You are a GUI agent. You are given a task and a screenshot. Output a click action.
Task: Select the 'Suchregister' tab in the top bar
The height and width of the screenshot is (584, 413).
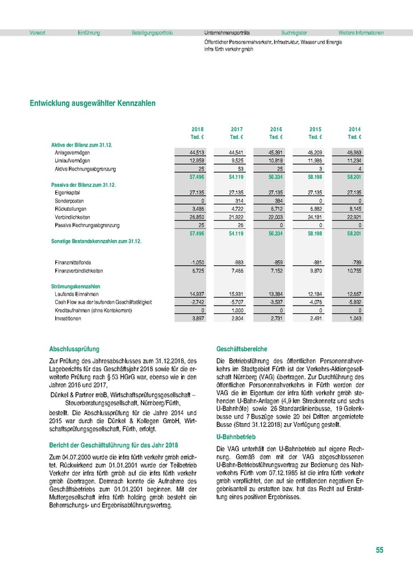pos(294,32)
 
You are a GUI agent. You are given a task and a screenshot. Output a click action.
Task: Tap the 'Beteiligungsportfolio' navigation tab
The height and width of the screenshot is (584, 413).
pos(152,32)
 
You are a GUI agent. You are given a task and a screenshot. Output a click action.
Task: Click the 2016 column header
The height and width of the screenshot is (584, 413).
pos(276,130)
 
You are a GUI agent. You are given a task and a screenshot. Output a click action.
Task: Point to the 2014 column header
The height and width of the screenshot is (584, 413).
pos(355,130)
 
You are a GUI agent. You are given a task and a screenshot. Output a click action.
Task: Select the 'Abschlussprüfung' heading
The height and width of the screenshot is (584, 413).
pos(75,349)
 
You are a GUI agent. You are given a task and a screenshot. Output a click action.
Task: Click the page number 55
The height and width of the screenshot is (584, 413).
pos(379,550)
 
